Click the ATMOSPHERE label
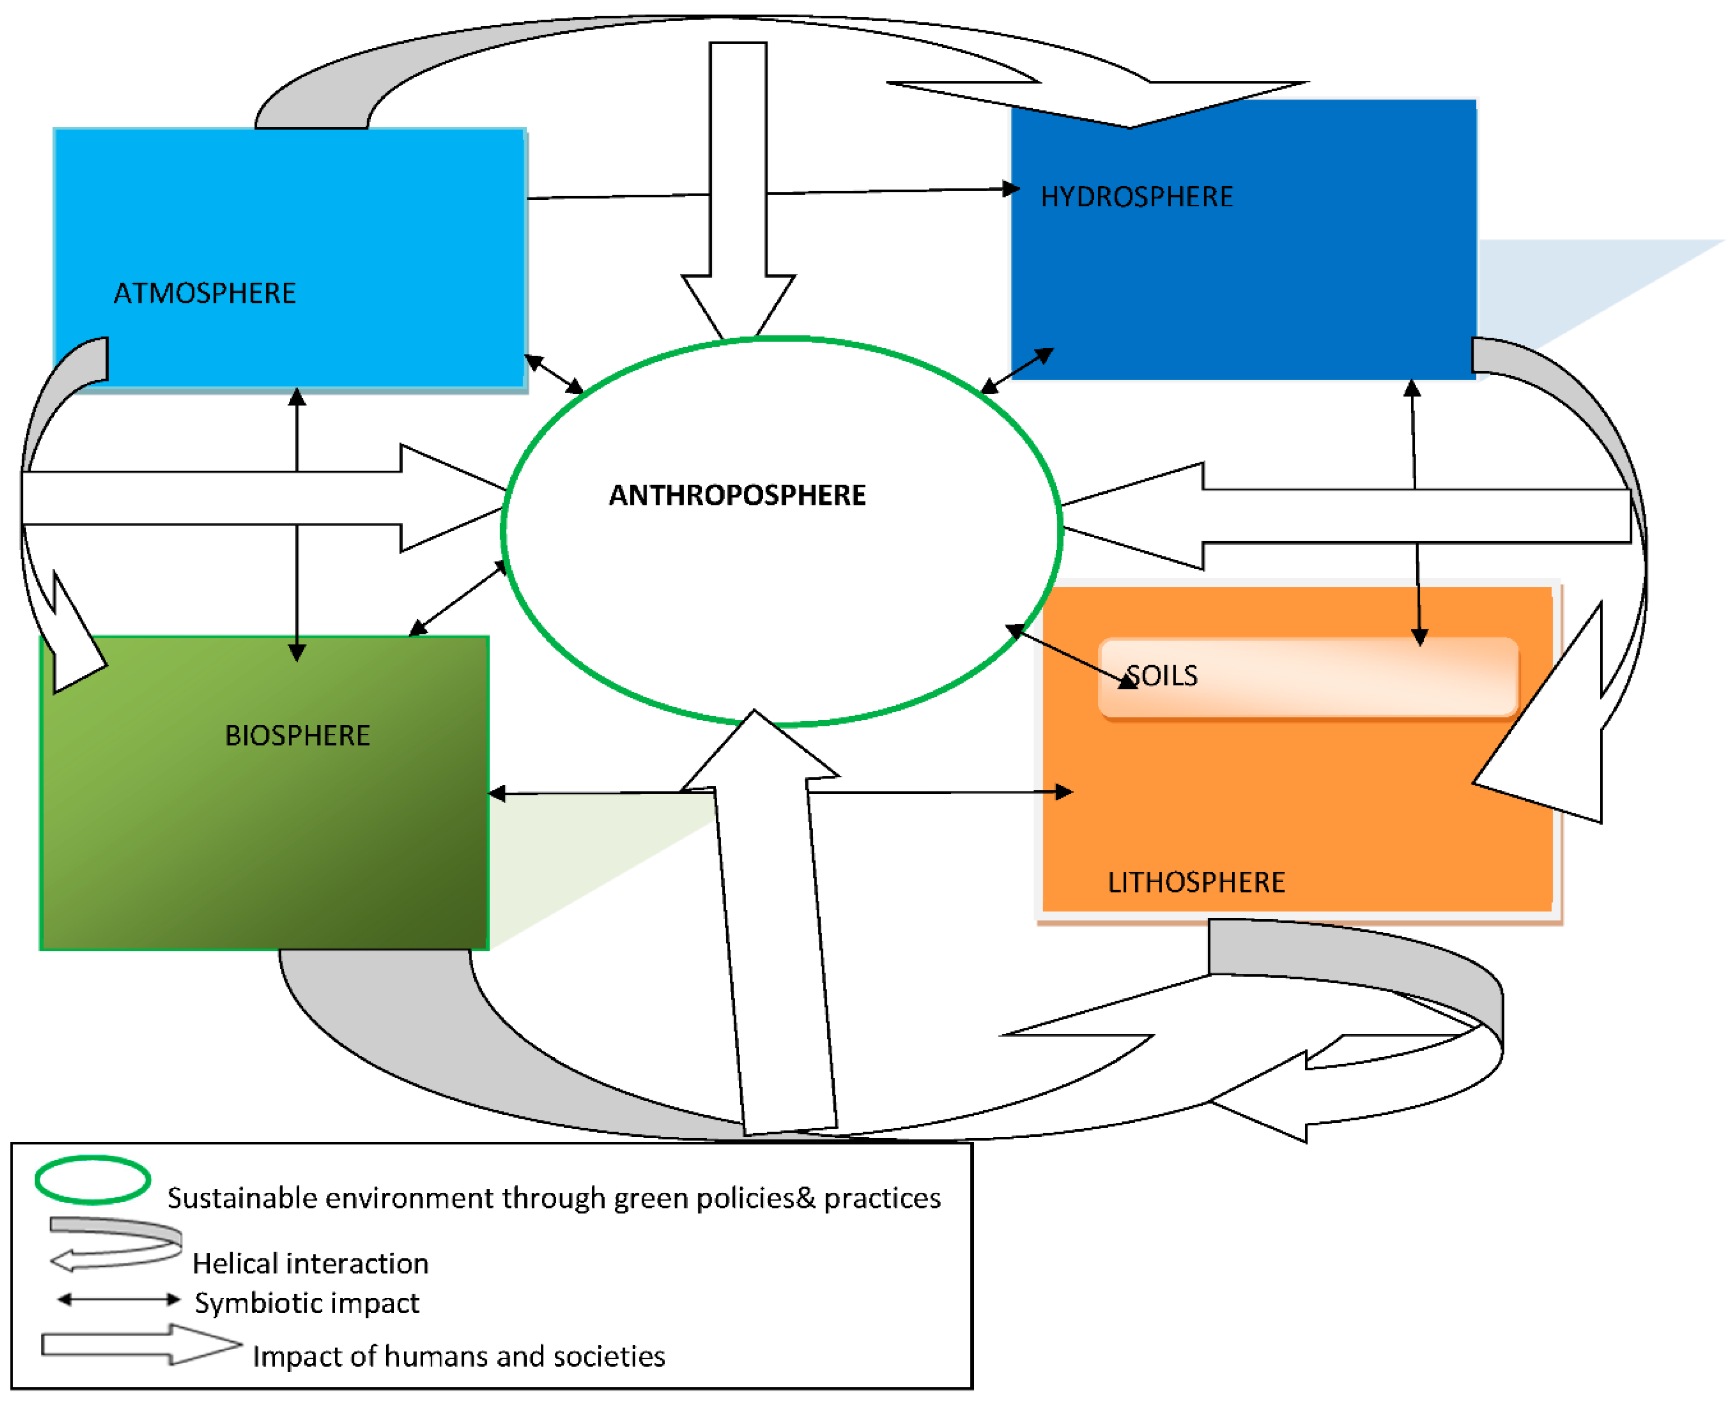click(x=205, y=293)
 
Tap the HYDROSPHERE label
click(x=1137, y=197)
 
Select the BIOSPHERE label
click(x=297, y=735)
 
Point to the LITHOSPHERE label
click(x=1196, y=882)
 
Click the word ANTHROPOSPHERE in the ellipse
click(x=737, y=495)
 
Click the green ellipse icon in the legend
click(x=92, y=1180)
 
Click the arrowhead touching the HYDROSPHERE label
click(x=1011, y=189)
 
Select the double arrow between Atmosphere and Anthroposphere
click(x=554, y=373)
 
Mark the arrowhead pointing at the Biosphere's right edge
click(x=497, y=794)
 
